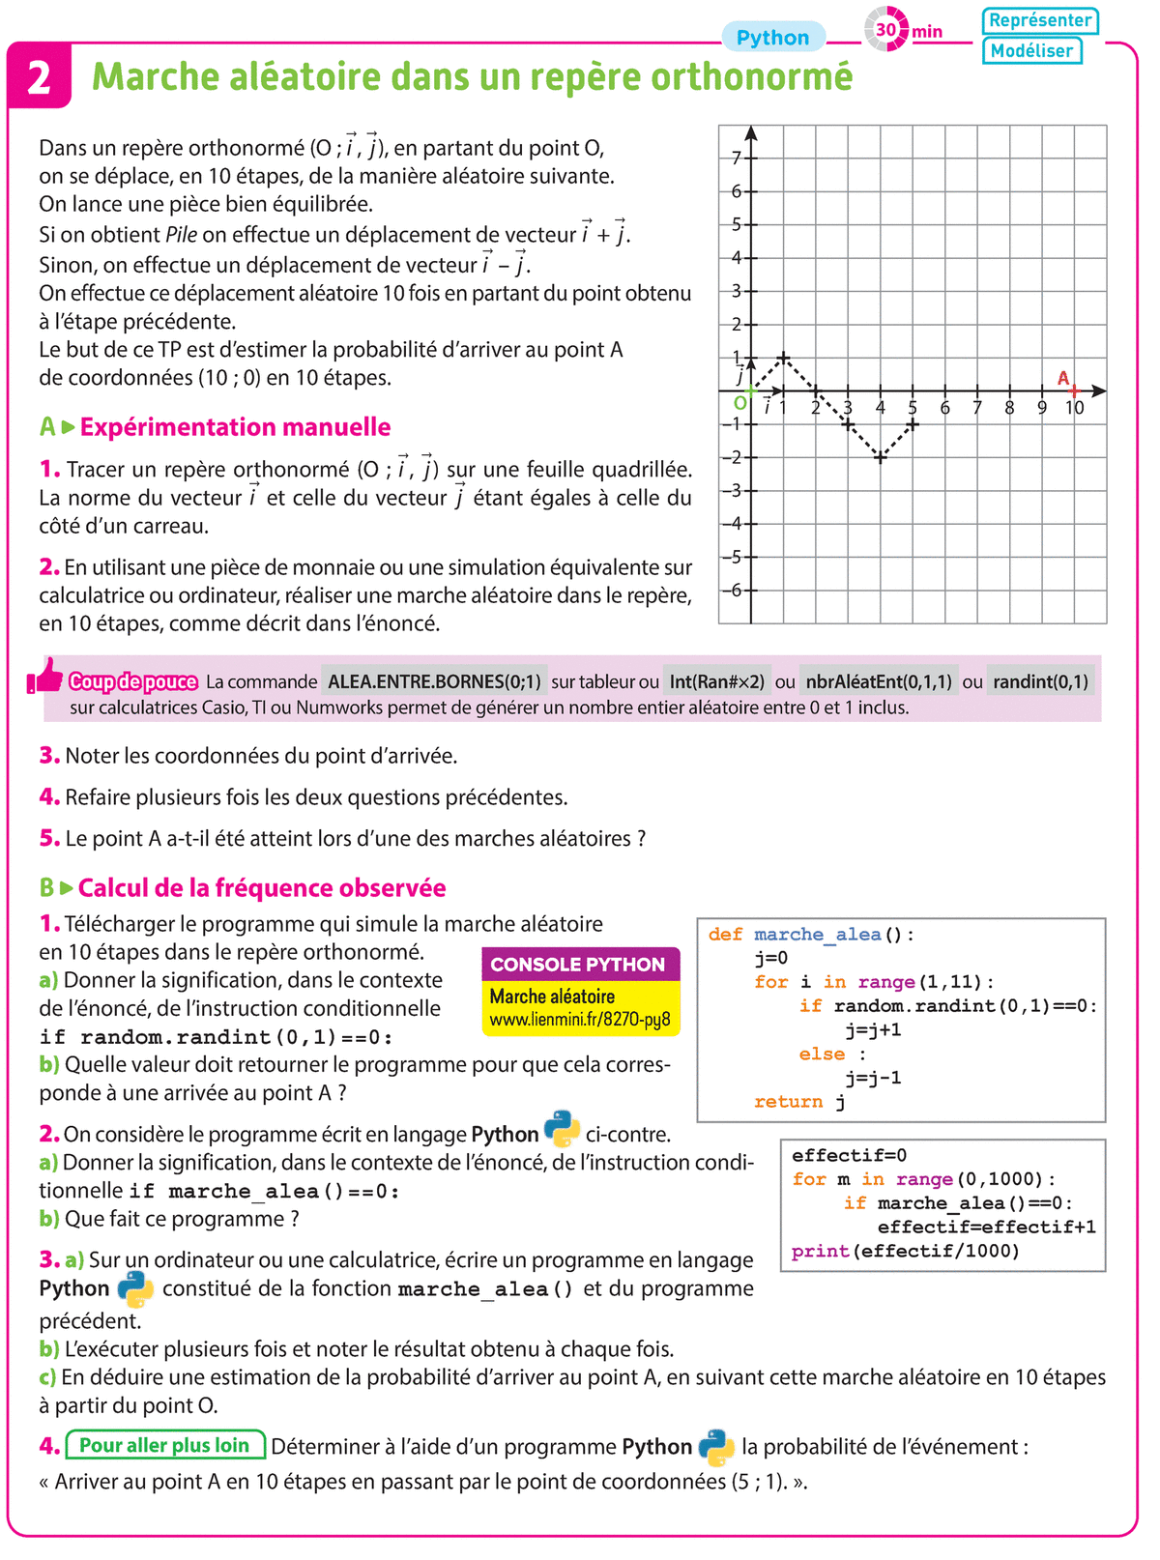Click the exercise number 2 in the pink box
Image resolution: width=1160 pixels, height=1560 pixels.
39,76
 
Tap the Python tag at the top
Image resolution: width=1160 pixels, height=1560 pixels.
772,38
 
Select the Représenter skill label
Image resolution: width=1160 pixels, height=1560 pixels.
1039,20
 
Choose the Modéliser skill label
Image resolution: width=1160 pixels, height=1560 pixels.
1031,50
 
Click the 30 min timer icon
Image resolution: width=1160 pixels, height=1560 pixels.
886,30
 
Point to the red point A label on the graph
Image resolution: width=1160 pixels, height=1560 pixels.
1063,378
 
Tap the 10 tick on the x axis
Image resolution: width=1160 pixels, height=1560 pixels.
1075,408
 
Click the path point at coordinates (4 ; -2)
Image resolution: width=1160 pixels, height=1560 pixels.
881,457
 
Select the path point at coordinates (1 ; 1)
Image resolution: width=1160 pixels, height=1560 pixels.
784,358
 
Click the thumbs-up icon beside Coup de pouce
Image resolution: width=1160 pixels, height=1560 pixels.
45,677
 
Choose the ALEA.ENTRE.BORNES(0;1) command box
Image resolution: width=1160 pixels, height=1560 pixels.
434,681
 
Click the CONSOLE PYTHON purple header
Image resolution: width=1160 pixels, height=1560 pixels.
578,965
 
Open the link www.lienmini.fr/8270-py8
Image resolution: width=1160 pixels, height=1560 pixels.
580,1020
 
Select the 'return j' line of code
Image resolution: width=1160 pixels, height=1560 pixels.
799,1102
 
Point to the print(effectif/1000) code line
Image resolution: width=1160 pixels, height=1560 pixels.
906,1252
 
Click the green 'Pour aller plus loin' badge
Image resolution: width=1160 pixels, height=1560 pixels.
165,1446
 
